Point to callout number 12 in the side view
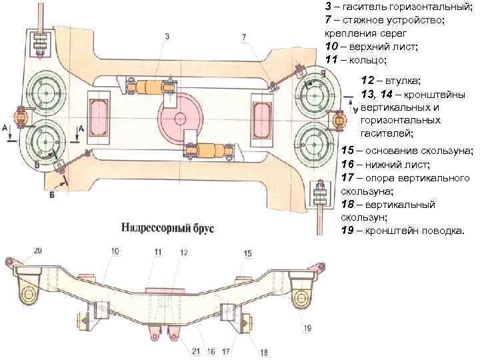184,252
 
